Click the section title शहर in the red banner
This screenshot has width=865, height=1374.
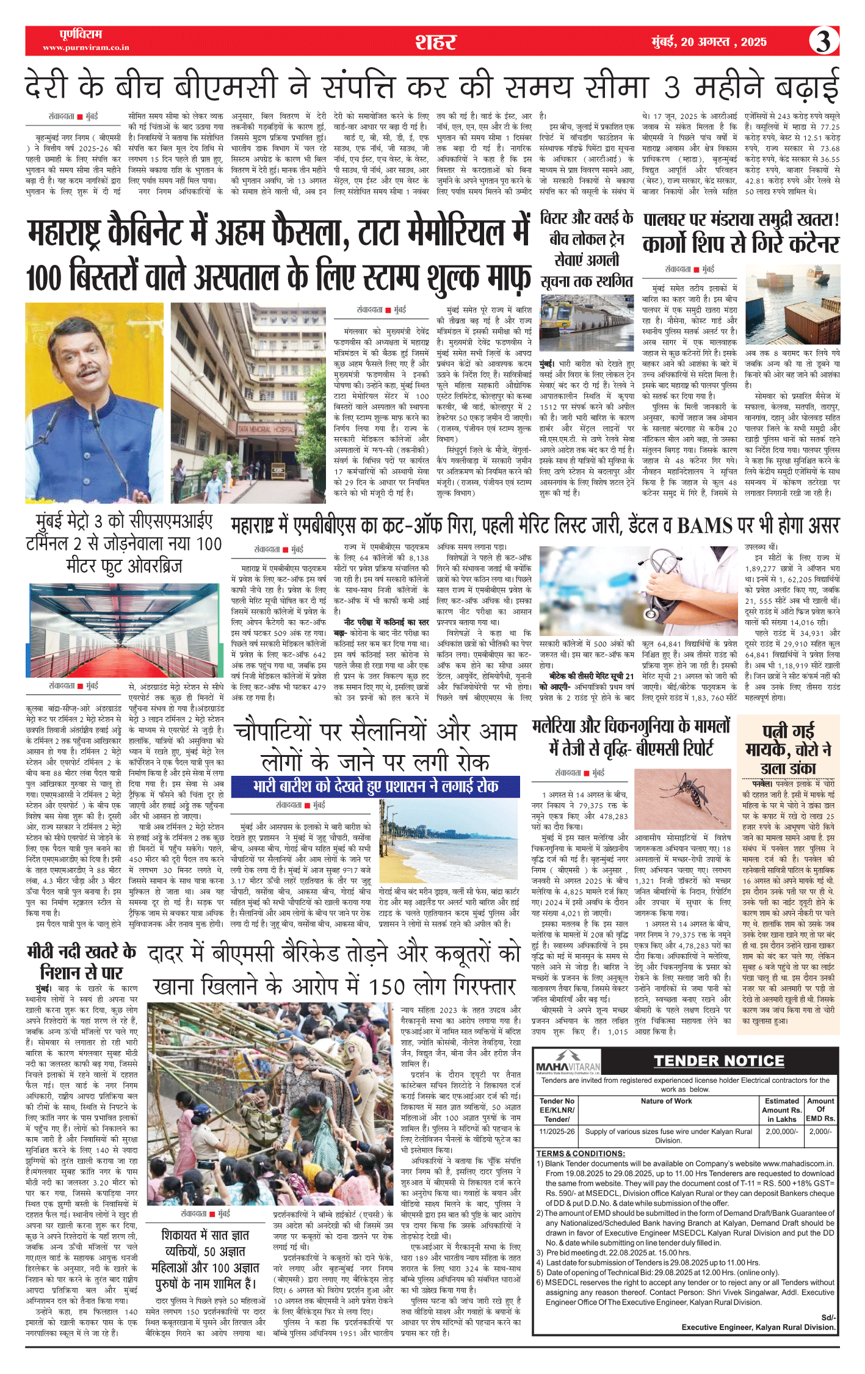tap(435, 42)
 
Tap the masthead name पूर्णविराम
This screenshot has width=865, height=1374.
tap(81, 34)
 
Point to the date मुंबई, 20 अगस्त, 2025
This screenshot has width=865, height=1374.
tap(709, 42)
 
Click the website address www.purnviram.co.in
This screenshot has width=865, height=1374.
tap(85, 48)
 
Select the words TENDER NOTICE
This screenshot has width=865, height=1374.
tap(718, 1061)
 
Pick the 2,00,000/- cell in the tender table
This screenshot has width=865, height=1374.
tap(781, 1131)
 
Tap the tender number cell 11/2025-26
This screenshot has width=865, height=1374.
tap(557, 1131)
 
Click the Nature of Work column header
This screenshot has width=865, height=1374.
tap(666, 1101)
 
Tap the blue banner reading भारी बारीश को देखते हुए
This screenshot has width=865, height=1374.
tap(375, 786)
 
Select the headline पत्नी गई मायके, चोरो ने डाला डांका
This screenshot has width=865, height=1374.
tap(788, 748)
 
